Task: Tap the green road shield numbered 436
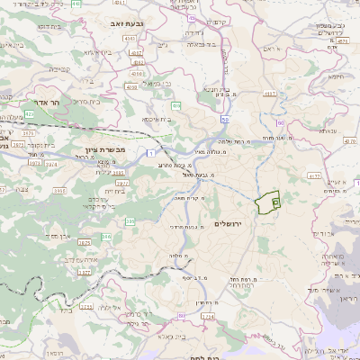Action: point(177,106)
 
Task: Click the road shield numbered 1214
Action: point(208,317)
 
